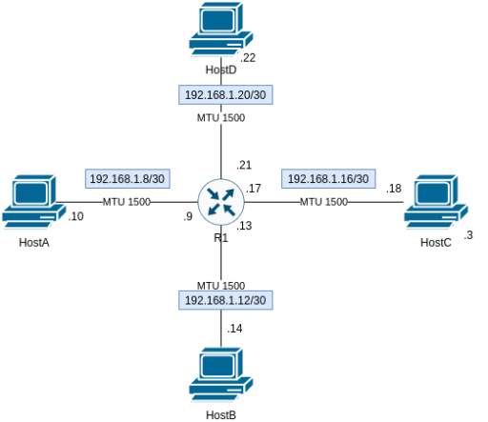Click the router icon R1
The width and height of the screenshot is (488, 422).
(x=221, y=201)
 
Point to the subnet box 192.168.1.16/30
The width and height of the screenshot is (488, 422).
(x=329, y=178)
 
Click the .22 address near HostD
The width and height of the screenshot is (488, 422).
(x=248, y=58)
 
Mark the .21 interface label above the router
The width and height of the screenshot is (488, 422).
(x=243, y=164)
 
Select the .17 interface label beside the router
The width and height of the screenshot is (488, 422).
(x=253, y=189)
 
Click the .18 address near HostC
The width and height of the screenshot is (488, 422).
(x=394, y=189)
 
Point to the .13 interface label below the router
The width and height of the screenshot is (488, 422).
(x=244, y=226)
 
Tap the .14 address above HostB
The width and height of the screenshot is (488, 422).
(x=234, y=329)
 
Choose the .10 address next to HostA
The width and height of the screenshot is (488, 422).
(x=76, y=217)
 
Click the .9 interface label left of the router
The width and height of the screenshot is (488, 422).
(x=188, y=217)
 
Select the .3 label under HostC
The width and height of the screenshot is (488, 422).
(x=468, y=235)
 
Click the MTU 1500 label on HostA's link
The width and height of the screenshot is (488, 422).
(x=126, y=202)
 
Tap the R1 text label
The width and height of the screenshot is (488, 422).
(x=221, y=238)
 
